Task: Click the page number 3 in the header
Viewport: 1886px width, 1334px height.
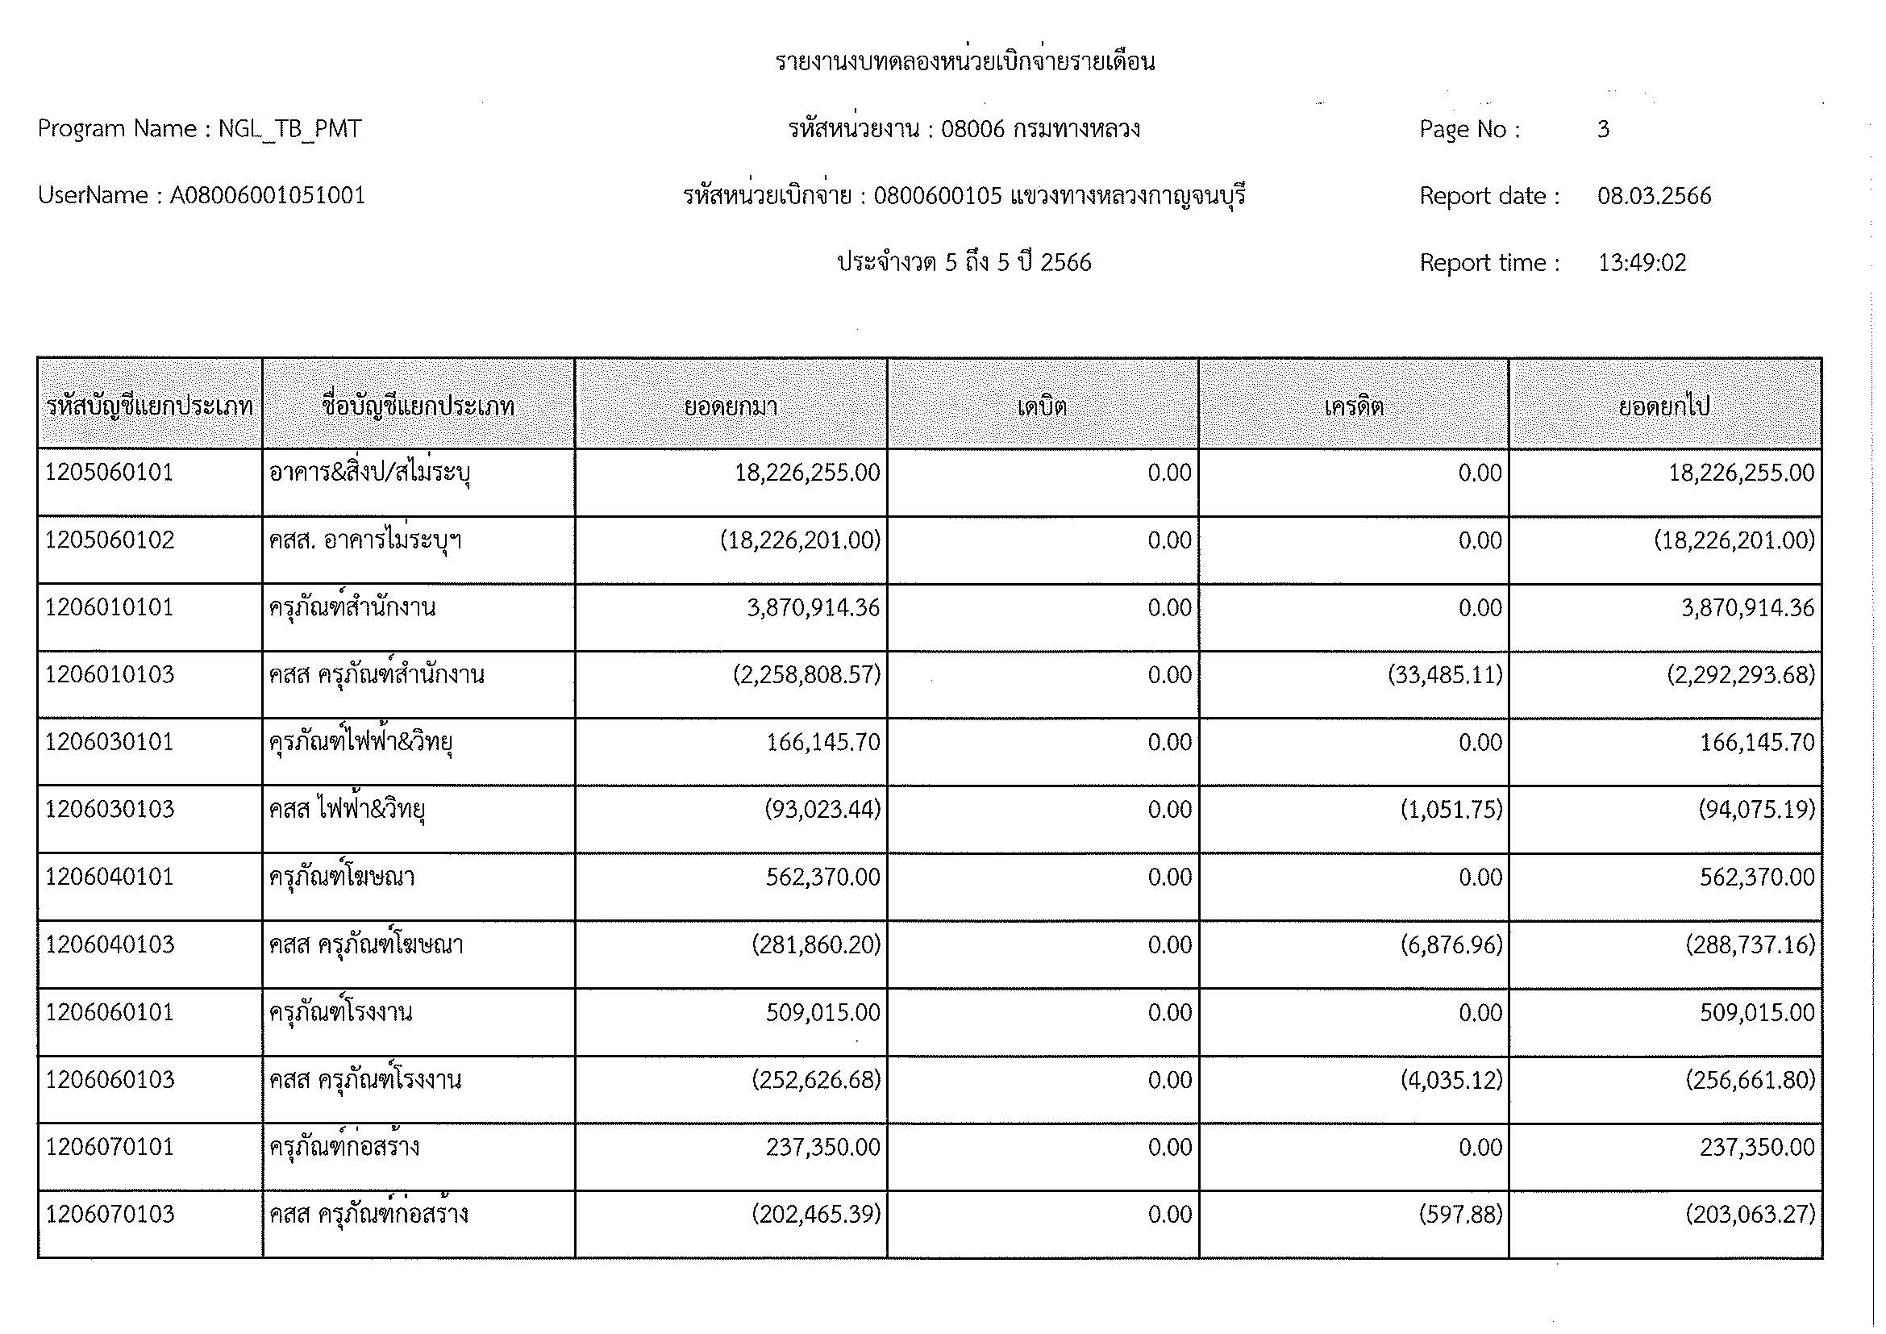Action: tap(1603, 130)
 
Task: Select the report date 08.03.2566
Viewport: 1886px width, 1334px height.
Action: tap(1654, 196)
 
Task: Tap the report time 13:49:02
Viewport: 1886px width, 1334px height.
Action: tap(1641, 263)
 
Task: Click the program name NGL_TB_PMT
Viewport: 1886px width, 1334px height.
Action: tap(289, 130)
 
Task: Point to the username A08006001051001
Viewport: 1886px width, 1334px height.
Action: tap(267, 196)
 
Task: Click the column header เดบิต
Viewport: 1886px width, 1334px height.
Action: tap(1042, 406)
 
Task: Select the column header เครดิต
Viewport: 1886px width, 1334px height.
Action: tap(1353, 406)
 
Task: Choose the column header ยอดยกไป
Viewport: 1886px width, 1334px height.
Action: tap(1664, 406)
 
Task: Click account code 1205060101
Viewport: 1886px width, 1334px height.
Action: tap(109, 473)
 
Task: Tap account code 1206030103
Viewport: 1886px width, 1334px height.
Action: tap(109, 810)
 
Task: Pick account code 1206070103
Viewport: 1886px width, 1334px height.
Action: tap(109, 1215)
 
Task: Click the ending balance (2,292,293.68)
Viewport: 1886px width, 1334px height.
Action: tap(1741, 675)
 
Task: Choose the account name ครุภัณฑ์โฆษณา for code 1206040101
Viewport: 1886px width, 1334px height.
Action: tap(342, 878)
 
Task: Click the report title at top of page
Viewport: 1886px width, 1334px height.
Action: tap(964, 62)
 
